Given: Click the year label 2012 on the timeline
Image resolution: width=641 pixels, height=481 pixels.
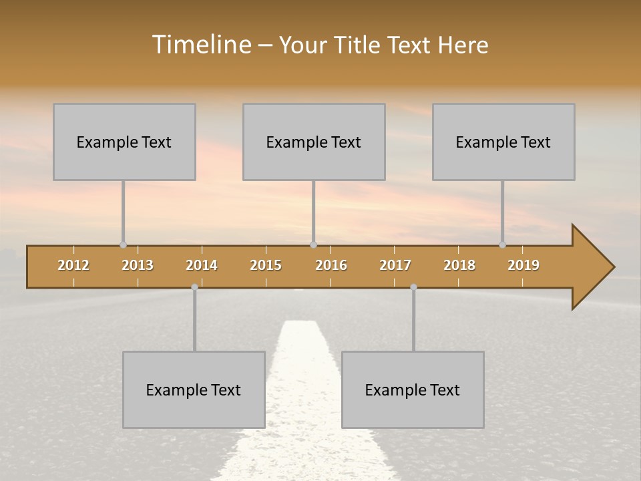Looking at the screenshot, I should point(73,265).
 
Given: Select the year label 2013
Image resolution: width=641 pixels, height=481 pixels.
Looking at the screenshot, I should point(138,265).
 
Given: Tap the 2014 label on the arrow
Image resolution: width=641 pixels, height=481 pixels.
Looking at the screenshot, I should point(202,265).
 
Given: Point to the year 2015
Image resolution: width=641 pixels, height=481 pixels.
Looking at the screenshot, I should point(266,265).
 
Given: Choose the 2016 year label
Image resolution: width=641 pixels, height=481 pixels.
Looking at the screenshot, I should point(331,265).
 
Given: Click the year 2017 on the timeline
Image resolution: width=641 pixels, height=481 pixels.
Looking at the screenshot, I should point(395,265).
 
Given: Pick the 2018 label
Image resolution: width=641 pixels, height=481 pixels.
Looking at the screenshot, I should point(459,265).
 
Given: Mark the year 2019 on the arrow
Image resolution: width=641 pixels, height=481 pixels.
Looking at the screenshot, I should point(523,265).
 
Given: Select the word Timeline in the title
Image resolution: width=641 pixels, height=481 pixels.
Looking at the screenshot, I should point(200,45).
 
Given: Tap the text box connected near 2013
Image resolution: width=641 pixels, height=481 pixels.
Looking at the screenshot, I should point(124,142).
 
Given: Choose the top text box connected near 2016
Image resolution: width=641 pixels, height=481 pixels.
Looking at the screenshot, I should point(314,142).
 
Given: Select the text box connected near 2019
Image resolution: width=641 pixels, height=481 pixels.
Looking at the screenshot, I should point(503,142).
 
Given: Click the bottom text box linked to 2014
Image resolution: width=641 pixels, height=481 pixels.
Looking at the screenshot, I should point(194,389).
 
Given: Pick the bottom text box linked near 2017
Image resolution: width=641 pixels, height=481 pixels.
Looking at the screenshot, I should point(413,389).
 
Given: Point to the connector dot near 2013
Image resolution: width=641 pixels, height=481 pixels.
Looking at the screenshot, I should point(123,245).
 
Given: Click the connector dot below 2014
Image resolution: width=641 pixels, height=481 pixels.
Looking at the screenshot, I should point(194,287).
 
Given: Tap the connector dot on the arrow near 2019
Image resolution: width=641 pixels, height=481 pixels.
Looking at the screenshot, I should point(502,245).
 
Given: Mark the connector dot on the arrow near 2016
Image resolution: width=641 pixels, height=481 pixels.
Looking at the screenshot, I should point(313,245).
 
